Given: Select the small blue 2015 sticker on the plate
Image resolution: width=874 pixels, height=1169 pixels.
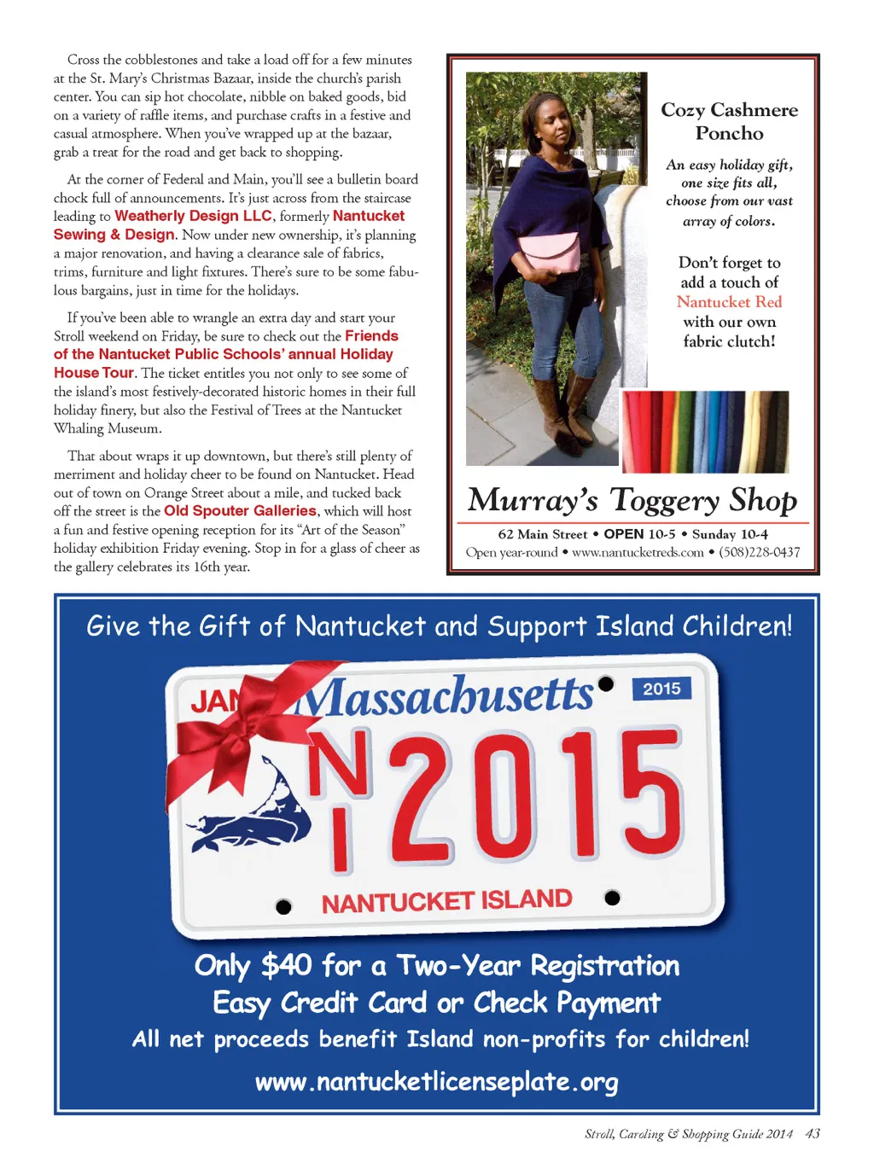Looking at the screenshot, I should [661, 689].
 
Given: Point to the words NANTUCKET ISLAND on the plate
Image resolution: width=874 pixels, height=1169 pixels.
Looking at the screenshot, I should [446, 901].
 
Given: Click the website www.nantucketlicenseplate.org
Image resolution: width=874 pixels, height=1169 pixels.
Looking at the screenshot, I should [436, 1082].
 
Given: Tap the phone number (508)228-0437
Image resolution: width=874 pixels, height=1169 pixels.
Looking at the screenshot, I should [759, 552].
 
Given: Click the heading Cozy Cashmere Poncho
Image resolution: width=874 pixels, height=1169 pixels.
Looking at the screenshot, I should [729, 121].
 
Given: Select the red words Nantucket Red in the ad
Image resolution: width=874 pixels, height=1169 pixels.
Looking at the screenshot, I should [729, 302].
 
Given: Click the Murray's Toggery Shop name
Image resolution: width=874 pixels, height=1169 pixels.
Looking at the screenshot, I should [632, 500].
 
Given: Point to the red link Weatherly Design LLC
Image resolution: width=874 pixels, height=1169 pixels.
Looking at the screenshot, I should [193, 216].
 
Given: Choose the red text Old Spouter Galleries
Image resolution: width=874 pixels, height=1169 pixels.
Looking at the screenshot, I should [240, 511].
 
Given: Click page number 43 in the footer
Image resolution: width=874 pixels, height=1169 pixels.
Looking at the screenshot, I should [813, 1134].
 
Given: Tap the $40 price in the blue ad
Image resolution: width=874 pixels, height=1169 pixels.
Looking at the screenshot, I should [286, 965].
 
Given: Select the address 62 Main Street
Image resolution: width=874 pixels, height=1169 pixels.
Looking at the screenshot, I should [542, 534].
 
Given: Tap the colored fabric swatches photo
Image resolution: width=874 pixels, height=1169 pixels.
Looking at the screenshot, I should [705, 432].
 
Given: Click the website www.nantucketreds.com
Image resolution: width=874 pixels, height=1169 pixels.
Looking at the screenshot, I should [638, 552].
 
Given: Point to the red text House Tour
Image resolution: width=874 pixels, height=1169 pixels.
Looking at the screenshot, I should [94, 373].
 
